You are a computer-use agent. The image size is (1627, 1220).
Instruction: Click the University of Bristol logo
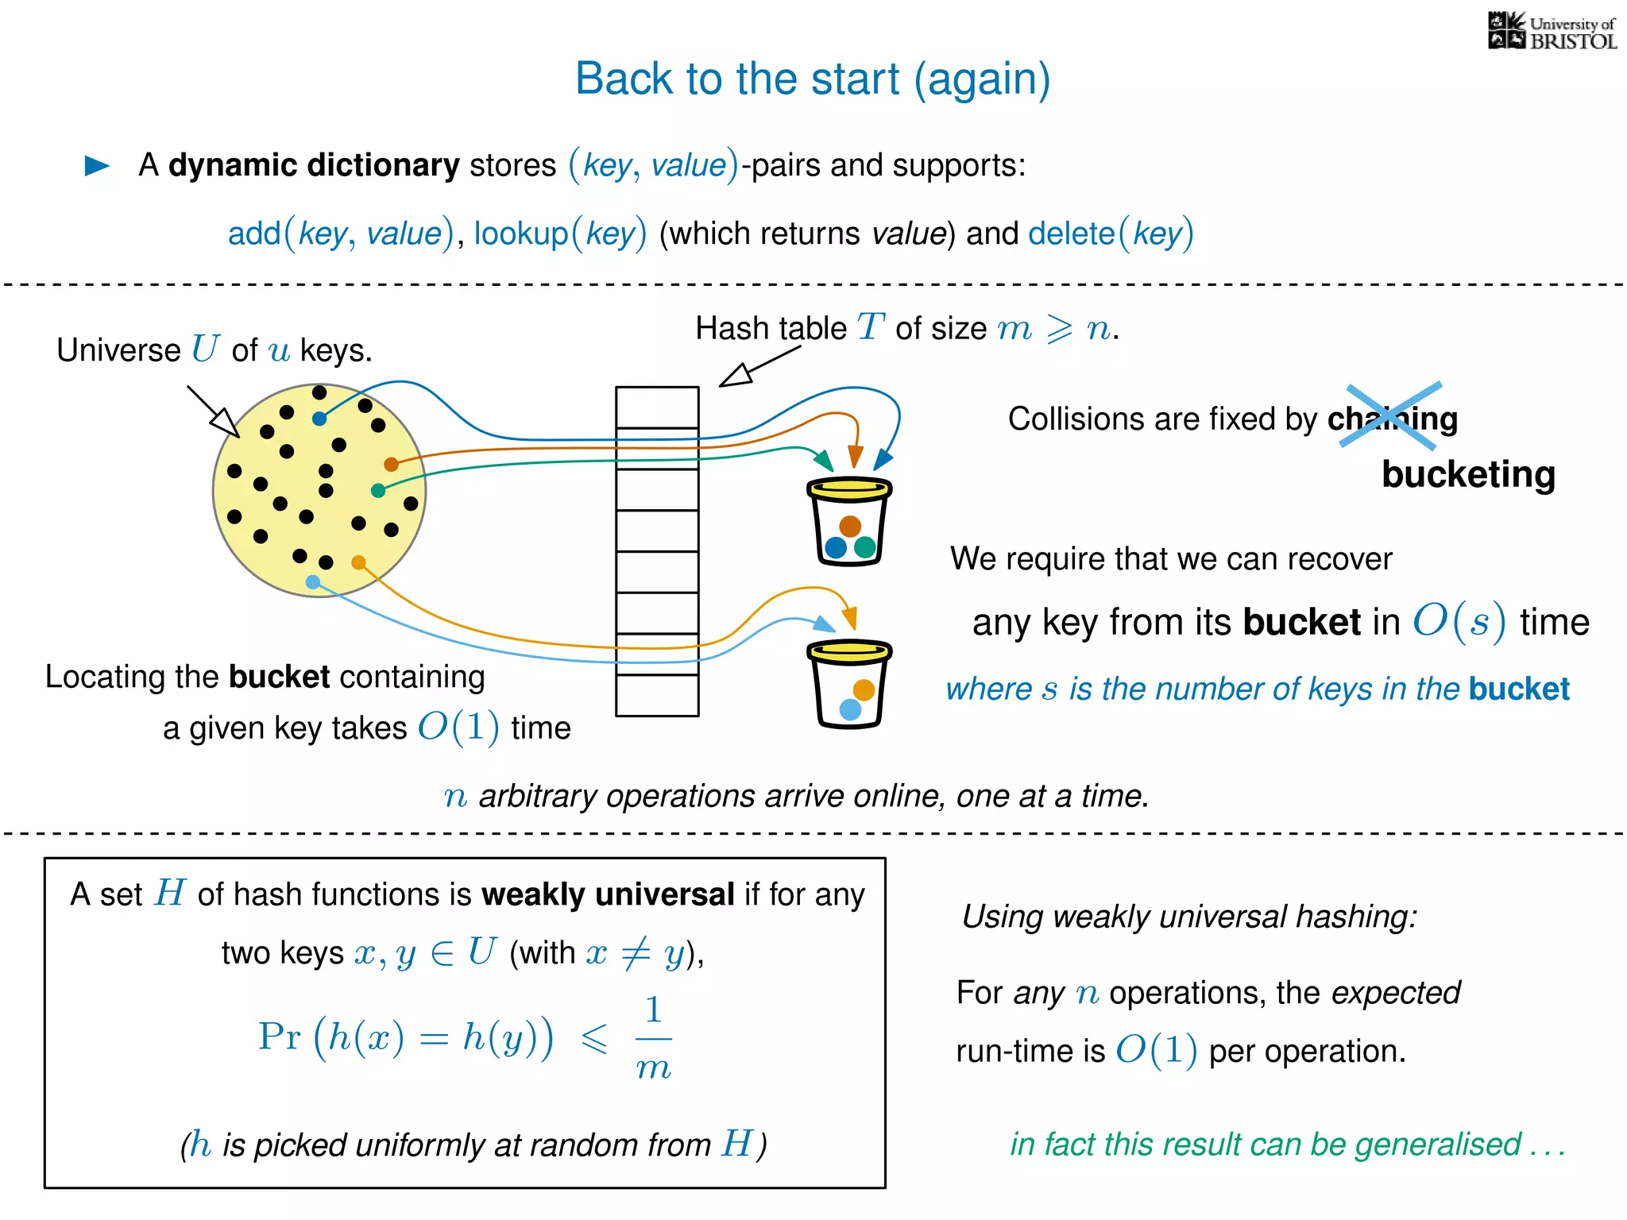[x=1552, y=32]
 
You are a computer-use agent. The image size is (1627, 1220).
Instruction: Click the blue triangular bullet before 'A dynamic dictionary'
[x=97, y=165]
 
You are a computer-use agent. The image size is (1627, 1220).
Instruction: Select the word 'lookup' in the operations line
[x=521, y=234]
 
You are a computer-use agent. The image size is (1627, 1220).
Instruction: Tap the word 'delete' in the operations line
[x=1071, y=234]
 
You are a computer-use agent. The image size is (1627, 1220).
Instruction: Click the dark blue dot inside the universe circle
[x=319, y=419]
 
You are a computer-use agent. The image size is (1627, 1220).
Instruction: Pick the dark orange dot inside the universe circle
[x=391, y=464]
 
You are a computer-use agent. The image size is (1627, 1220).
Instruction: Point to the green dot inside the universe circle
[x=378, y=491]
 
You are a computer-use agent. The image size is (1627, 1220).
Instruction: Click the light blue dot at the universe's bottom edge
[x=313, y=582]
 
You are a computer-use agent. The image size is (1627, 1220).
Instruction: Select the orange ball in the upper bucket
[x=850, y=526]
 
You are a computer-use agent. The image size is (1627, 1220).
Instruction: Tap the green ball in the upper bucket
[x=865, y=546]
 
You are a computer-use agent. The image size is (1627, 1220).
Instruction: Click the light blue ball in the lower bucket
[x=850, y=709]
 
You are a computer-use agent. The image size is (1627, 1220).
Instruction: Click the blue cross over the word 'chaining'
[x=1391, y=415]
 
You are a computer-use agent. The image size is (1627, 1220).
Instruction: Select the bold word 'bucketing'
[x=1468, y=474]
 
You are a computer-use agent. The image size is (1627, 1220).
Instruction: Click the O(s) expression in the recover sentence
[x=1459, y=621]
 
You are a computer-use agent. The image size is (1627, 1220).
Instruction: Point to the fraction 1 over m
[x=653, y=1038]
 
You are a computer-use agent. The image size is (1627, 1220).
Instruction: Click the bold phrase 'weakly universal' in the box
[x=608, y=894]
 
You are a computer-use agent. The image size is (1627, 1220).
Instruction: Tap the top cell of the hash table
[x=657, y=407]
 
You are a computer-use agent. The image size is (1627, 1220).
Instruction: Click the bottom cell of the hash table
[x=657, y=695]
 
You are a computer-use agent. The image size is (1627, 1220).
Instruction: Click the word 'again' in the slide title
[x=982, y=79]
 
